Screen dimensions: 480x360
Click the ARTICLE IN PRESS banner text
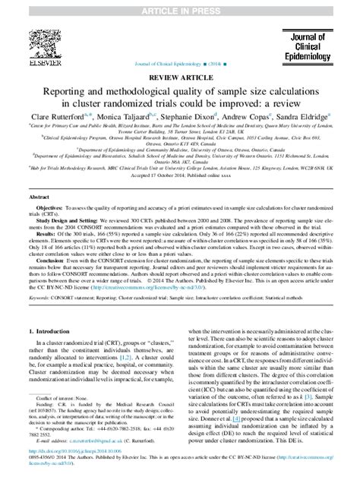(x=179, y=6)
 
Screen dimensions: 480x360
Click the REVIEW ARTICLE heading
(x=179, y=77)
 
